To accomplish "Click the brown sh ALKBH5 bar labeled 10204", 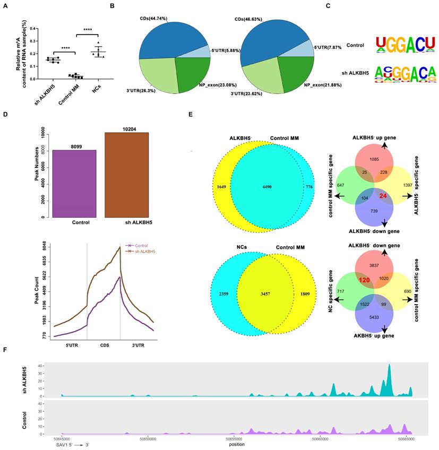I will (x=126, y=175).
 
